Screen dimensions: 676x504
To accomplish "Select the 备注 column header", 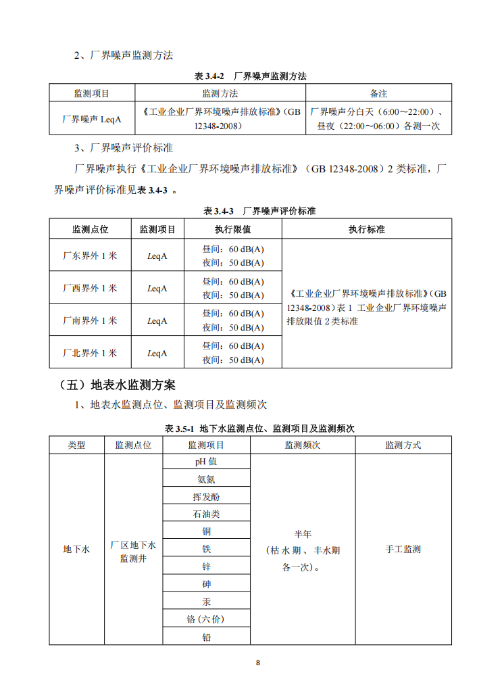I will coord(378,93).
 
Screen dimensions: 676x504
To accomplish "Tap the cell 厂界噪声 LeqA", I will coord(92,118).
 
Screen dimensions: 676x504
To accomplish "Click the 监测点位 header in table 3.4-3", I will coord(90,230).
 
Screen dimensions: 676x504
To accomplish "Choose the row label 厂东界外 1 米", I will coord(90,256).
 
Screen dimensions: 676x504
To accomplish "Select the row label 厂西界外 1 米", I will coord(90,288).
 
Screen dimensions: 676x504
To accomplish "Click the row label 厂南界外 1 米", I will coord(90,320).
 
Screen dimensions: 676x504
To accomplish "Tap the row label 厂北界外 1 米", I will coord(90,353).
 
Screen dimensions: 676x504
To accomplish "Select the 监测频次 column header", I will coord(302,445).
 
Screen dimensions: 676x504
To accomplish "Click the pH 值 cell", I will coord(206,462).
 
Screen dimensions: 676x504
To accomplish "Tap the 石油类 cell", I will coord(206,514).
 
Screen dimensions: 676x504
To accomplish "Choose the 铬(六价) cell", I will coord(206,619).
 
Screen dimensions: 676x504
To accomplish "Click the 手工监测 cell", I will coord(403,550).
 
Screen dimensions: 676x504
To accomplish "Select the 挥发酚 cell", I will coord(206,497).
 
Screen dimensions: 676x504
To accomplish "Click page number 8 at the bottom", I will coord(257,662).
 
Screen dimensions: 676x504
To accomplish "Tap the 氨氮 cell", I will coord(206,479).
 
